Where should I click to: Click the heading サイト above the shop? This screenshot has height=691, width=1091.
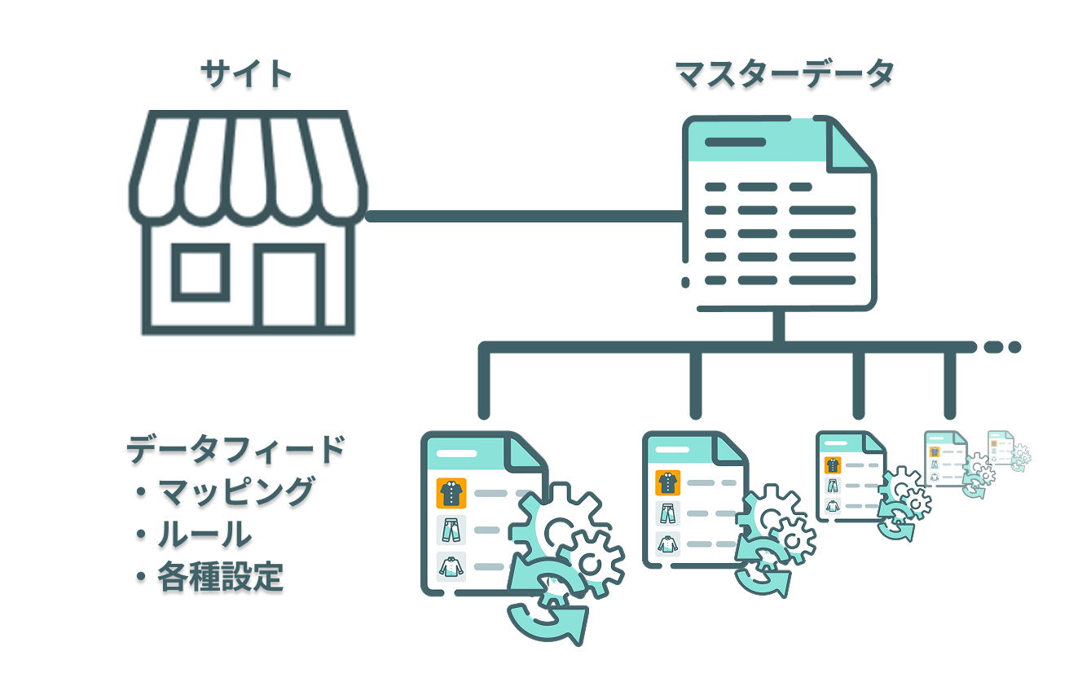tap(246, 73)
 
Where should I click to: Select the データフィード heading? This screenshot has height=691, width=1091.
tap(236, 449)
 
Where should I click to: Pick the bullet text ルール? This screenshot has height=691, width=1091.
tap(205, 535)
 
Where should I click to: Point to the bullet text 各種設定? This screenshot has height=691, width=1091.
tap(220, 577)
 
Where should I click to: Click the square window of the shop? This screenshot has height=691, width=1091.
tap(200, 272)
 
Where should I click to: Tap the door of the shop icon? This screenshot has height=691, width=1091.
tap(289, 286)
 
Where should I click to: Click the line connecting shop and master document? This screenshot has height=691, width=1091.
tap(525, 216)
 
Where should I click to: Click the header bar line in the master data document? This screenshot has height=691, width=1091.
tap(736, 143)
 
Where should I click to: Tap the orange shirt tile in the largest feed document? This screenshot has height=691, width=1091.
tap(451, 493)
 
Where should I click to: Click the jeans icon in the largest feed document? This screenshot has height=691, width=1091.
tap(451, 530)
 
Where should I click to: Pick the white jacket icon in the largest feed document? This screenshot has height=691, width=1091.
tap(451, 567)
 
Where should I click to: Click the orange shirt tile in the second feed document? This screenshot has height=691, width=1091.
tap(667, 482)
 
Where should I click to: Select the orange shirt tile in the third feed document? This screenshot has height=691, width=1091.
tap(833, 465)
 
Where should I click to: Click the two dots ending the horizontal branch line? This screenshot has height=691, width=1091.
tap(1002, 346)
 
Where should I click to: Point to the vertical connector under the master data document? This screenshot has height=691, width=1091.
tap(778, 326)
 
